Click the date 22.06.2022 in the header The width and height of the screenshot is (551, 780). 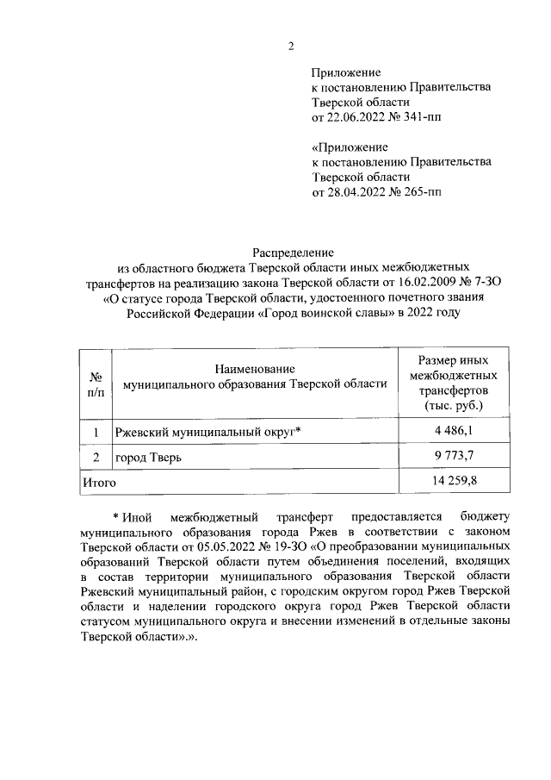pyautogui.click(x=358, y=116)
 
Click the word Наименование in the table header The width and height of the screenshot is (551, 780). pyautogui.click(x=256, y=369)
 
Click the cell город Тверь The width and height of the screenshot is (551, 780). pyautogui.click(x=149, y=457)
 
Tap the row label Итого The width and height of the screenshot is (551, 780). pyautogui.click(x=98, y=482)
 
